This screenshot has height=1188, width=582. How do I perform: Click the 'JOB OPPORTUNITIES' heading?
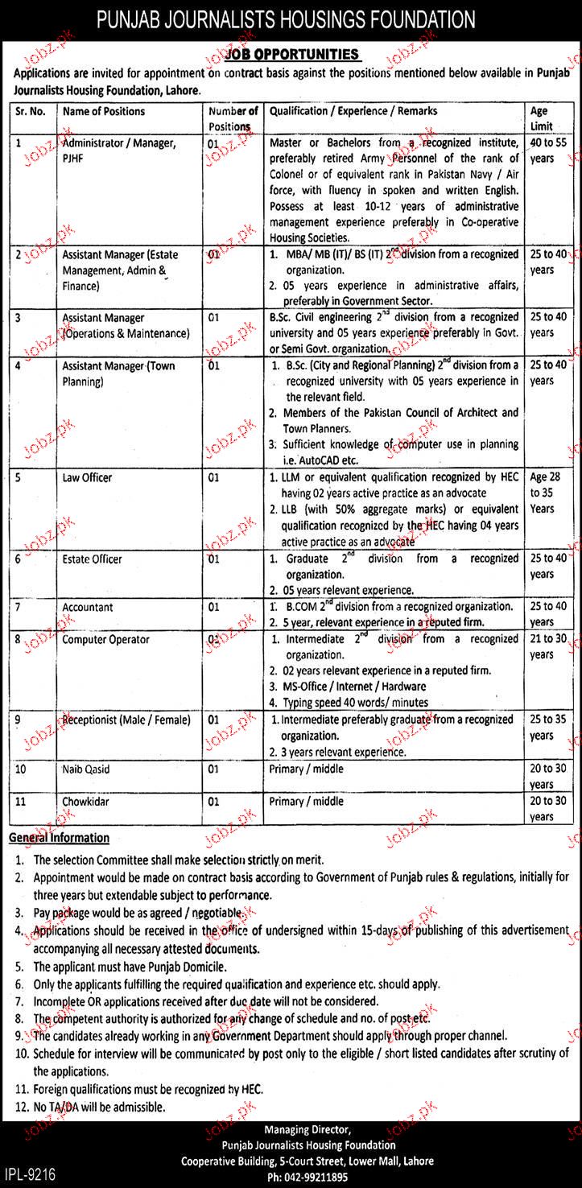[291, 55]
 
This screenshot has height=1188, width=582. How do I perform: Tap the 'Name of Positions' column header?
[104, 111]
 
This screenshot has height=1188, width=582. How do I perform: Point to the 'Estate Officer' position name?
[92, 559]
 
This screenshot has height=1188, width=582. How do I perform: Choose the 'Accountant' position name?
[88, 608]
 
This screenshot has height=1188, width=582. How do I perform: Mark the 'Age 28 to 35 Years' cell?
[542, 493]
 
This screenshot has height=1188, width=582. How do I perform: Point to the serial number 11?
[21, 801]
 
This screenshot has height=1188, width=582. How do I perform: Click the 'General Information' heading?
[59, 838]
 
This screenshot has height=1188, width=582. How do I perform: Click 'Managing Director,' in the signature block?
[310, 1130]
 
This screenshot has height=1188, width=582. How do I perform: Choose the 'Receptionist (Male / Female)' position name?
[126, 720]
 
